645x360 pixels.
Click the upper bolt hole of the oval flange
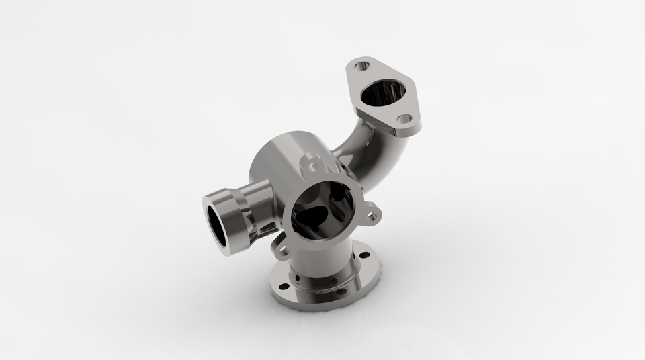[x=362, y=66]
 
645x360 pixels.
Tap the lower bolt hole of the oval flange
[x=404, y=118]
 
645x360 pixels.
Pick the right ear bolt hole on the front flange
[x=372, y=216]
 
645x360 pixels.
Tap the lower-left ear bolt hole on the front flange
[x=283, y=251]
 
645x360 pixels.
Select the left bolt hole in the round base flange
[x=284, y=287]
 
